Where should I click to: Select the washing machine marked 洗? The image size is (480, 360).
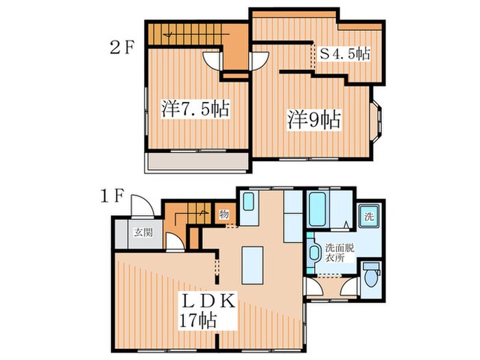tap(369, 217)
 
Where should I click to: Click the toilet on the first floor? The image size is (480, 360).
tap(372, 277)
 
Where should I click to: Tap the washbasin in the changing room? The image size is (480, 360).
tap(313, 252)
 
